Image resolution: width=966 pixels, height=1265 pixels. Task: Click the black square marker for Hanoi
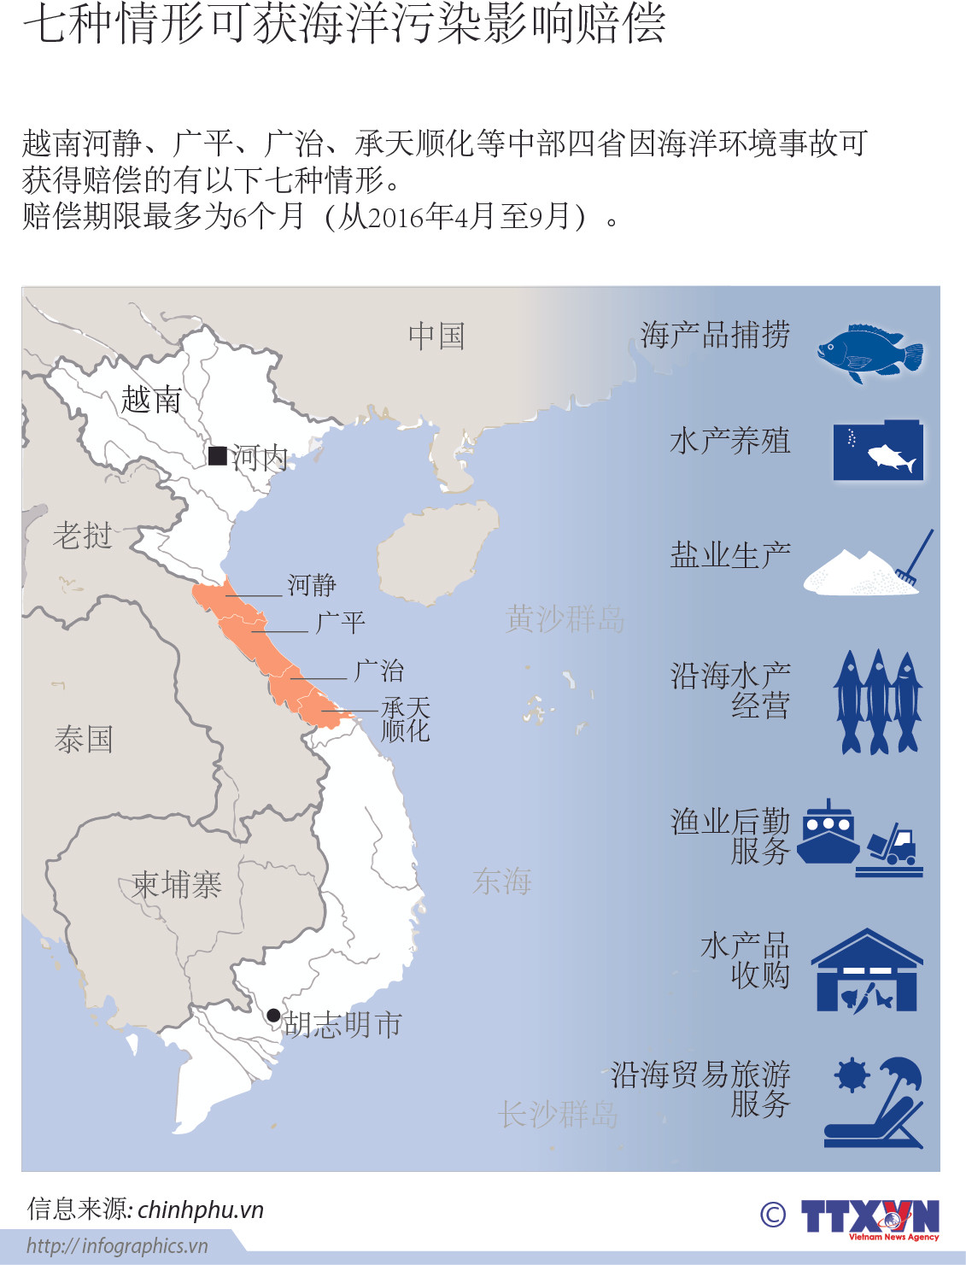(x=218, y=456)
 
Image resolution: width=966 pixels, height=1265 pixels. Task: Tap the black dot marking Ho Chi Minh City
(x=273, y=1015)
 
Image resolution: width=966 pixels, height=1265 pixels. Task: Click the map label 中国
(x=436, y=336)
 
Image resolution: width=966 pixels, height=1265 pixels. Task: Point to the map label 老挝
(x=83, y=536)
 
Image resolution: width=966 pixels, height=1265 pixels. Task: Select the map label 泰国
(x=84, y=739)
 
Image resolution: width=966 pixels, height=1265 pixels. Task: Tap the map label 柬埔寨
(x=177, y=884)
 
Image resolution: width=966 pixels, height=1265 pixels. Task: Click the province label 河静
(x=312, y=585)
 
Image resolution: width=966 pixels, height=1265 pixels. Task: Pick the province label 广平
(x=341, y=622)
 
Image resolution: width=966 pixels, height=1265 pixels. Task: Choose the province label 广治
(x=378, y=671)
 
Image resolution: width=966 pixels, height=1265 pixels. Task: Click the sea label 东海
(x=502, y=881)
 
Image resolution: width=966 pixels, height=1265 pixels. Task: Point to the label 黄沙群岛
(x=565, y=618)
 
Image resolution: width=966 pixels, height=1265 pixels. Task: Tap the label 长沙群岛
(x=557, y=1114)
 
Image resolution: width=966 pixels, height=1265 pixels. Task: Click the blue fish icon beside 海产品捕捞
(x=870, y=352)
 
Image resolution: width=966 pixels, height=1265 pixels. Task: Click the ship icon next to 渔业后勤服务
(x=828, y=832)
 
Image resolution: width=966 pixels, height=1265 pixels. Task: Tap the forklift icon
(x=893, y=845)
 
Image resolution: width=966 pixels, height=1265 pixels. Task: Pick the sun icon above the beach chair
(x=852, y=1075)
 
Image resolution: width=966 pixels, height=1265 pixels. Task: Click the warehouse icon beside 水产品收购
(x=866, y=971)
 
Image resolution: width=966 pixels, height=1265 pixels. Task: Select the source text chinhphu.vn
(x=201, y=1209)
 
